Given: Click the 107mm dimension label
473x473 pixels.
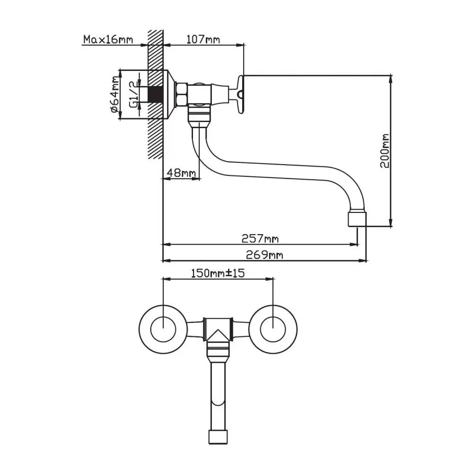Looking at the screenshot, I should [203, 39].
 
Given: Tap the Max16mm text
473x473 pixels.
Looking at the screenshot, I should [108, 39].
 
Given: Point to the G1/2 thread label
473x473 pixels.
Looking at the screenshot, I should [134, 94].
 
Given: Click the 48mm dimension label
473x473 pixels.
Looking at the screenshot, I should [182, 173].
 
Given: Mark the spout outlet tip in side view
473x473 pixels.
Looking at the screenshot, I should [357, 220].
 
